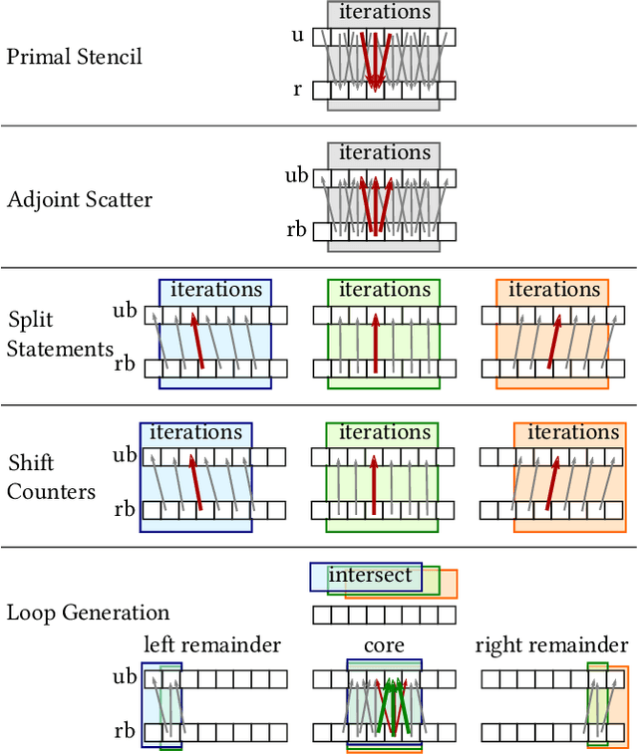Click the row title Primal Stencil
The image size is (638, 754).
[75, 57]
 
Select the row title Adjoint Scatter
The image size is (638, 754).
[80, 199]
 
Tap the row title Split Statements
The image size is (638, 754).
[60, 335]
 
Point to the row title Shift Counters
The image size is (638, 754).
[52, 477]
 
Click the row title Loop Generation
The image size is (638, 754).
[89, 613]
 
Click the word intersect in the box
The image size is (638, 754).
[370, 576]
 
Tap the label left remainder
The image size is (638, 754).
[212, 645]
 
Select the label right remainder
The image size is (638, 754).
[551, 645]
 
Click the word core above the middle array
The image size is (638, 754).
[384, 645]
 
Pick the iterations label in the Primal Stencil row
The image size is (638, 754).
[384, 12]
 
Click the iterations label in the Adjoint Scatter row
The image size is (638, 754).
[384, 153]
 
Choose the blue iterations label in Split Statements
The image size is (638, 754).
[215, 290]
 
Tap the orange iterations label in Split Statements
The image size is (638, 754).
[553, 290]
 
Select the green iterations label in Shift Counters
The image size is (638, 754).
[384, 432]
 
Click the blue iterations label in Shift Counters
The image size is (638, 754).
[195, 432]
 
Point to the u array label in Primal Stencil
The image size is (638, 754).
[297, 35]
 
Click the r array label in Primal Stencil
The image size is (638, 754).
[298, 90]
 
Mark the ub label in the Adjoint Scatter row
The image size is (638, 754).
[297, 176]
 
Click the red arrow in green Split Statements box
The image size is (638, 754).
[375, 343]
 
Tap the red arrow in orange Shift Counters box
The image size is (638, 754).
[551, 484]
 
